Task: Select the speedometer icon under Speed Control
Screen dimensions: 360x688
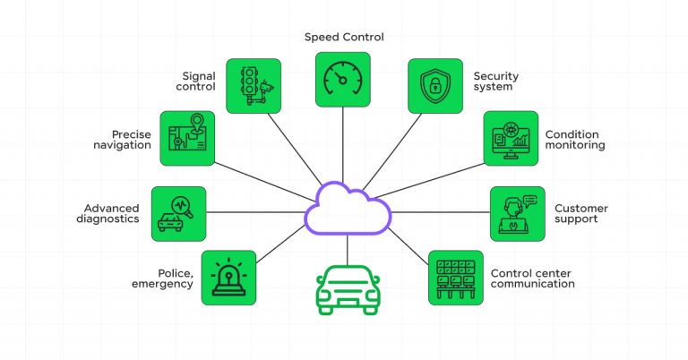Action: [343, 79]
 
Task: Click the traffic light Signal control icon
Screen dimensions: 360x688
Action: [254, 86]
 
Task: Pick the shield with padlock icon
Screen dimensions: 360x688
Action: [435, 86]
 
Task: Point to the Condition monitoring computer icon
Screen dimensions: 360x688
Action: [511, 139]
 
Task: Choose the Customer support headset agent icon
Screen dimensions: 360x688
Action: [518, 214]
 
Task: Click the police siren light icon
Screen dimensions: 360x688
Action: [228, 278]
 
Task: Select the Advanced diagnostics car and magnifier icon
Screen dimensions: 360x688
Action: [179, 214]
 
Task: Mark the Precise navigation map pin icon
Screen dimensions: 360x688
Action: [187, 139]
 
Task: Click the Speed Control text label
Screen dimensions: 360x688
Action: [343, 38]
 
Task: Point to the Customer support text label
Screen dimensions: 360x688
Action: [580, 214]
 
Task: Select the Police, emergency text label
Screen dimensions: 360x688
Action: [163, 279]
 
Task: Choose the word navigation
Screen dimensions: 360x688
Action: [121, 145]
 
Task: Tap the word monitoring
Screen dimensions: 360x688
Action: [575, 145]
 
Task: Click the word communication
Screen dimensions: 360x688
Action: [532, 284]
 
